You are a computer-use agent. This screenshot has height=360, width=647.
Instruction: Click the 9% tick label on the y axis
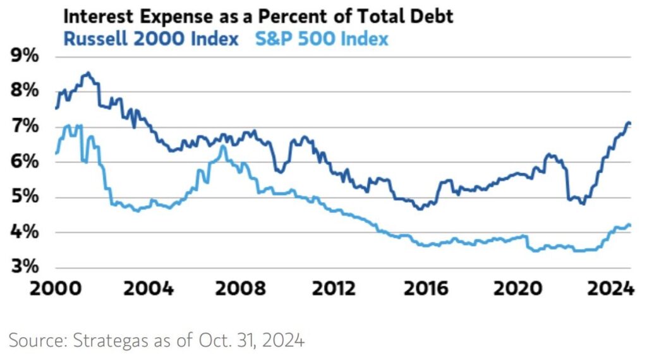pos(25,56)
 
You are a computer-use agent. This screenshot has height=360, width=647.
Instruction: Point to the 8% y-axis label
pos(25,91)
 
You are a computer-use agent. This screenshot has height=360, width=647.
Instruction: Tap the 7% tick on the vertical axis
pos(25,127)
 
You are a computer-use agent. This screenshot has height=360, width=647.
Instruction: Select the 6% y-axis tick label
pos(25,162)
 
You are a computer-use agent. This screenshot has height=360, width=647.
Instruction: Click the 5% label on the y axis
pos(25,198)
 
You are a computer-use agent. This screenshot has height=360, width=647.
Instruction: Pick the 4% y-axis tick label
pos(25,232)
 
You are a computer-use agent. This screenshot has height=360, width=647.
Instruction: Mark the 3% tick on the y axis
pos(25,266)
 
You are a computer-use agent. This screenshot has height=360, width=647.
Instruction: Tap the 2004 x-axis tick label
pos(148,289)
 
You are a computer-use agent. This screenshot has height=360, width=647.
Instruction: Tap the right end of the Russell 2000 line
pos(629,123)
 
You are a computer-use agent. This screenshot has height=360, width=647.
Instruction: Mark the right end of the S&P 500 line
pos(630,225)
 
